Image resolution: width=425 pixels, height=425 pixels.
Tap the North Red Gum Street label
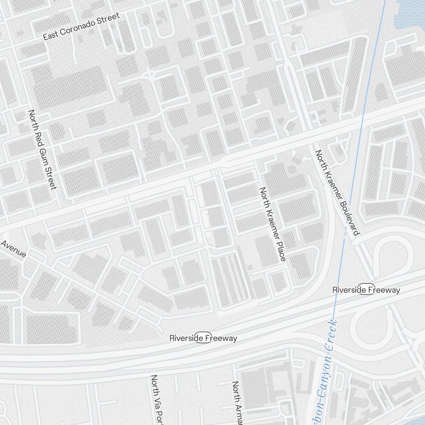[42, 150]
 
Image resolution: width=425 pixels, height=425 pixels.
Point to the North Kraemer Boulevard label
[337, 192]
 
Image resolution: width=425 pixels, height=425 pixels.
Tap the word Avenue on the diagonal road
[13, 249]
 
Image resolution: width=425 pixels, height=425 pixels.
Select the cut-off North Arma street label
[236, 402]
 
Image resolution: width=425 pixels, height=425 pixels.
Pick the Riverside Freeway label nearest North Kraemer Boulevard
[366, 290]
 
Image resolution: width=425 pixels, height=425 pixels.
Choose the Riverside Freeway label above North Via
[203, 338]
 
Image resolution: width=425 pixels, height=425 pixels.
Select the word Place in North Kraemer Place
[279, 251]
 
